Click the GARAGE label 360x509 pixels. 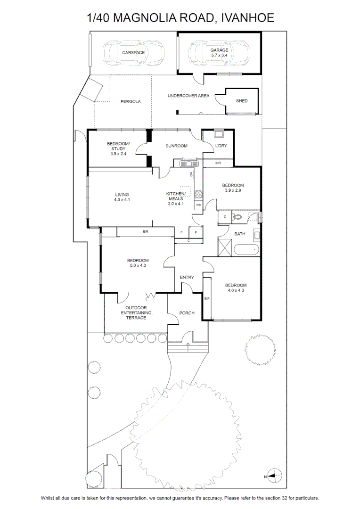219,50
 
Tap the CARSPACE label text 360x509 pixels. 133,53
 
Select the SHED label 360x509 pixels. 242,101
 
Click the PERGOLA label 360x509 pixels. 131,102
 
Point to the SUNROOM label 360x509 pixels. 176,146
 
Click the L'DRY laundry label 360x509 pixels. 221,146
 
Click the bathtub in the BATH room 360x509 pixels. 247,250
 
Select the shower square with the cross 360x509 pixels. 225,247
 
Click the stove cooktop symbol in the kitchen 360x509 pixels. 198,195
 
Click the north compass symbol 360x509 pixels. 274,476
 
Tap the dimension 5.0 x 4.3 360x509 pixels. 138,265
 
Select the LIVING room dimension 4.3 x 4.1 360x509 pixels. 122,200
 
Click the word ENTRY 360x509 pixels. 187,277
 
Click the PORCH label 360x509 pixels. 187,313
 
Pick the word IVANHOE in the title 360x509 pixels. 248,17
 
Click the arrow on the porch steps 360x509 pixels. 188,347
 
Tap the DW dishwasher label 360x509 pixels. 191,175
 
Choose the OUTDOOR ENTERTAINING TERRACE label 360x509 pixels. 136,312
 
